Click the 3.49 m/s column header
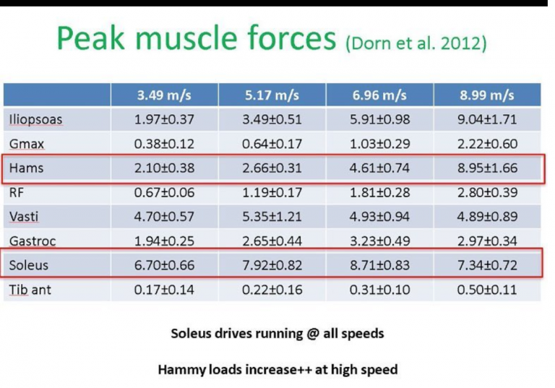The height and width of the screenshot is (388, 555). [164, 95]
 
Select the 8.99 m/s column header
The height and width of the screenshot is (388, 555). [487, 95]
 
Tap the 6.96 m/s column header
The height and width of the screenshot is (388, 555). [379, 95]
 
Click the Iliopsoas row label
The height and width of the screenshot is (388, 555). [35, 120]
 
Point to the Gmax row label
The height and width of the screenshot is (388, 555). [27, 144]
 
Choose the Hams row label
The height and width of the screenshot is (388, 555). [26, 168]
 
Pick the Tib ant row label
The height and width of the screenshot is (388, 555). [30, 290]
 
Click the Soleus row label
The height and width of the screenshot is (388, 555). [29, 265]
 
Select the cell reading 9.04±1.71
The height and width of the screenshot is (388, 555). [487, 119]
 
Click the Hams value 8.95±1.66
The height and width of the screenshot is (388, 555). [487, 168]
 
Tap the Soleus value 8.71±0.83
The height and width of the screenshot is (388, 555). [380, 265]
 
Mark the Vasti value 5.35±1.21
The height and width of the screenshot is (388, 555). [272, 216]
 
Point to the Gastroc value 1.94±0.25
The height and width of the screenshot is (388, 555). [164, 241]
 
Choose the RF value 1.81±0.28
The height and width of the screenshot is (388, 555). [380, 192]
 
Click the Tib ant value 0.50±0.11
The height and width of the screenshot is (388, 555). [487, 290]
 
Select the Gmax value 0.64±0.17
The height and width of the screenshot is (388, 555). [272, 144]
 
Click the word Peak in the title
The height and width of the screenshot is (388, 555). [91, 38]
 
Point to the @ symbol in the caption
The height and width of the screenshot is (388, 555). [313, 334]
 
